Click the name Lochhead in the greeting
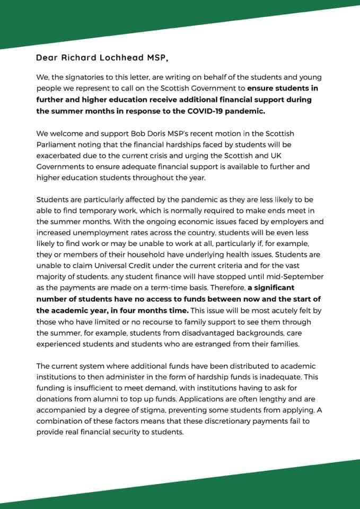(x=115, y=57)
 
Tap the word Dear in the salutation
(x=47, y=57)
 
